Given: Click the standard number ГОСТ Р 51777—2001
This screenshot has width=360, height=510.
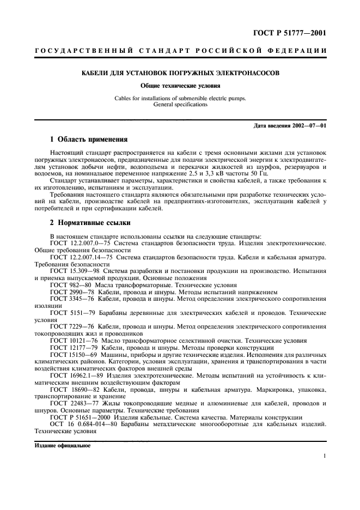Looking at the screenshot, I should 297,34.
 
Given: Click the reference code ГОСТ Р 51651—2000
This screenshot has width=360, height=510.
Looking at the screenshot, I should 78,417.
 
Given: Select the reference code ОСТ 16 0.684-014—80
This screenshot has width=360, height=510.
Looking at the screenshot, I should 82,424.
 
